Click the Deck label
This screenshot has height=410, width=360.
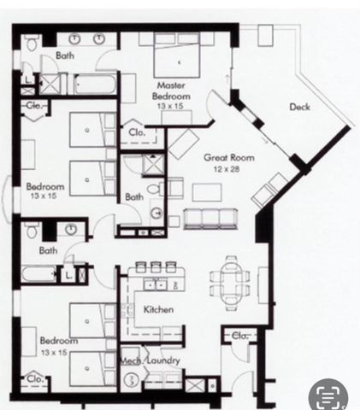coord(299,107)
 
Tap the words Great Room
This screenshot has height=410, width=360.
coord(225,158)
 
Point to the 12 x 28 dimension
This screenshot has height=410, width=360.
coord(225,169)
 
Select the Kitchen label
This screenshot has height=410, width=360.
coord(158,308)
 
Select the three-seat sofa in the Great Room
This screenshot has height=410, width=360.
coord(210,218)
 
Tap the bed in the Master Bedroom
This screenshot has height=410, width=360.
coord(179,60)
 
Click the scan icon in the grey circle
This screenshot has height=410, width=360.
coord(329,395)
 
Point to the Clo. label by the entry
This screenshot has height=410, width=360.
coord(239,336)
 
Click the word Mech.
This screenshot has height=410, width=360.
coord(130,360)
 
